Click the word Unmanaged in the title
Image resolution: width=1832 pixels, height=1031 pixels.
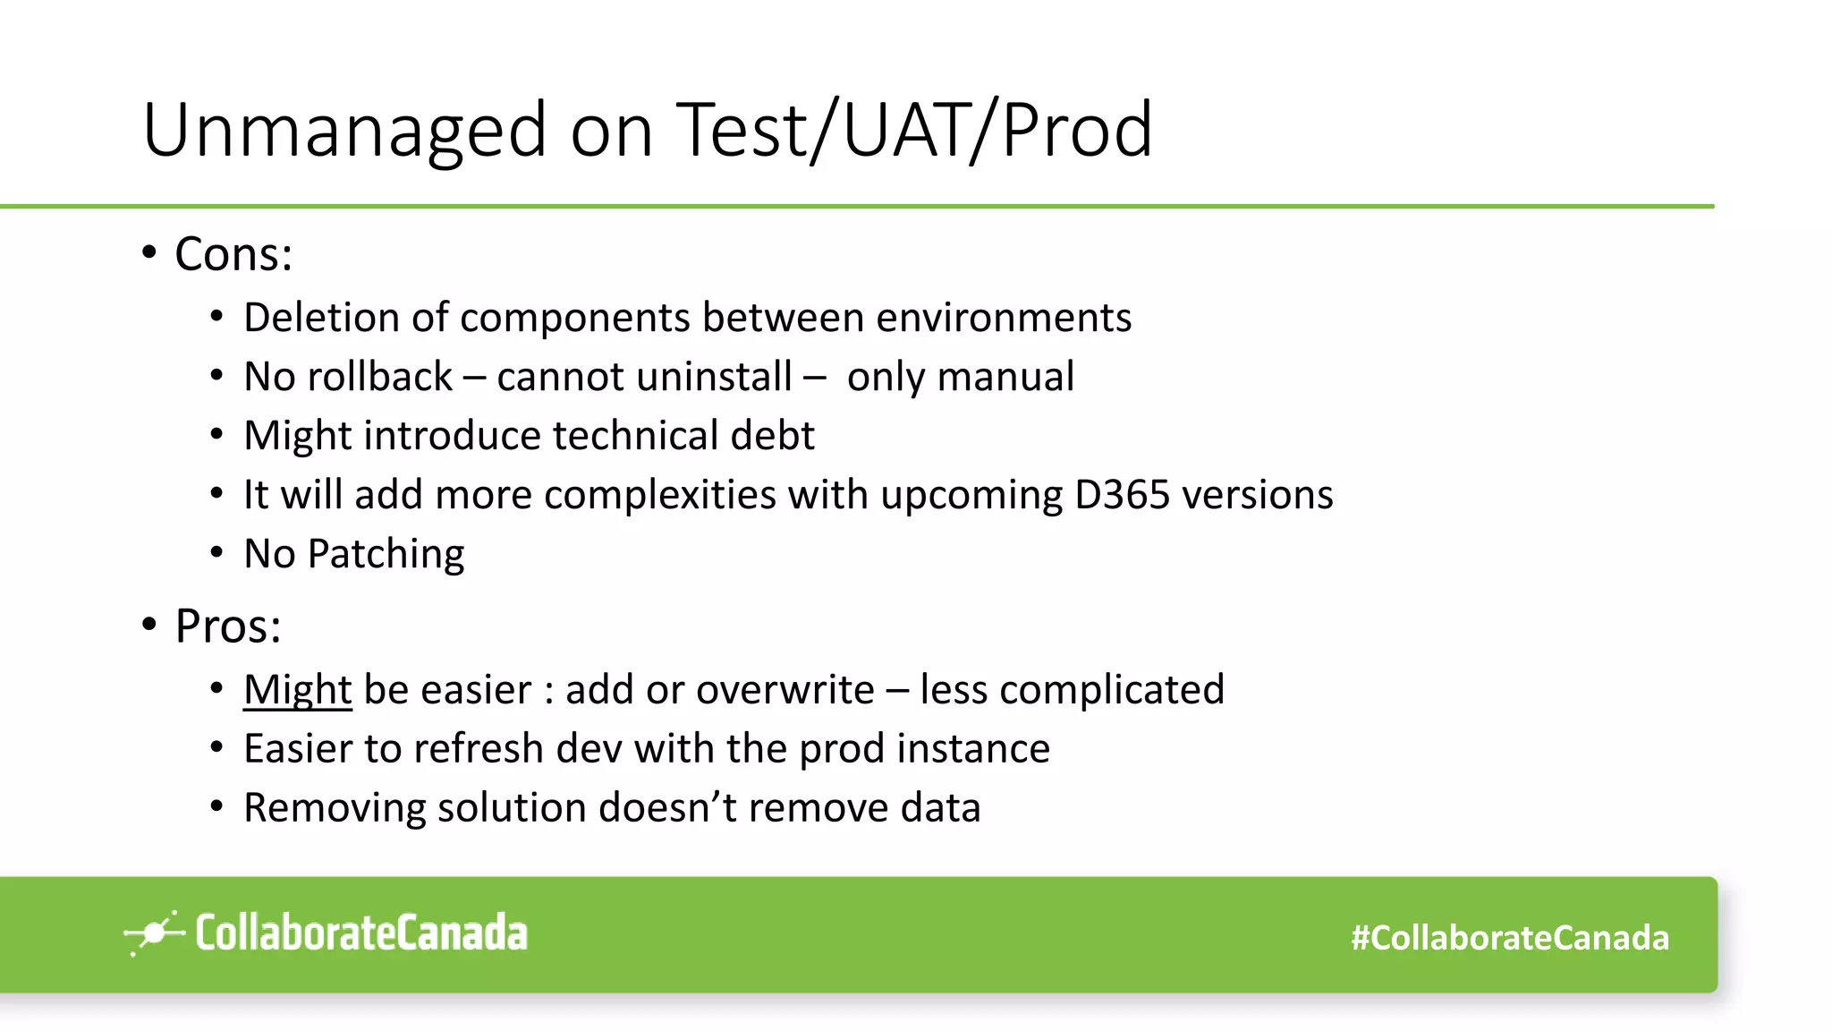point(344,132)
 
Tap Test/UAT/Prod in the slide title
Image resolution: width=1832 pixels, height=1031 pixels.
point(914,132)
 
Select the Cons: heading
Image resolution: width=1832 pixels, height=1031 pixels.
point(233,254)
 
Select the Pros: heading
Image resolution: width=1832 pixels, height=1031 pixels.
point(228,626)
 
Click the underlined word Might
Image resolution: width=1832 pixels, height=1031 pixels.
point(297,690)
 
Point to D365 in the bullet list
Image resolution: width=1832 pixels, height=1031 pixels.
point(1122,495)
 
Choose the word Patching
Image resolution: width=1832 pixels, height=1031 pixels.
point(386,554)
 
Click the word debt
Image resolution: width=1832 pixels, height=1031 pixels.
point(772,436)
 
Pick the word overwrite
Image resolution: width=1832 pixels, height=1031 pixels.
point(785,690)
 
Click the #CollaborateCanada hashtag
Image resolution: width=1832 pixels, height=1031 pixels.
point(1510,938)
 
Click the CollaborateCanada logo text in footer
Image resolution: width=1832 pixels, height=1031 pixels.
point(361,933)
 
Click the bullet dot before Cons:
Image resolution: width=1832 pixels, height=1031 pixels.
point(149,253)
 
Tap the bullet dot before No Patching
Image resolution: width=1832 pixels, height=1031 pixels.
point(216,553)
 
